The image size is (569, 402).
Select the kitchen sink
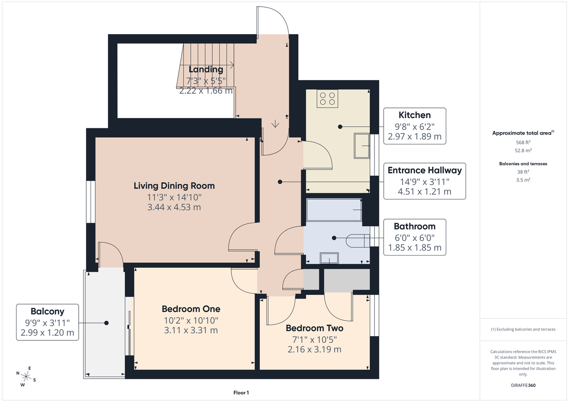pyautogui.click(x=364, y=146)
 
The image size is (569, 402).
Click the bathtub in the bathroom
pyautogui.click(x=334, y=210)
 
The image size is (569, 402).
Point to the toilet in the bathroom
pyautogui.click(x=358, y=241)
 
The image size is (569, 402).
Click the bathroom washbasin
pyautogui.click(x=329, y=258)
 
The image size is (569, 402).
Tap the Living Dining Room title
pyautogui.click(x=174, y=186)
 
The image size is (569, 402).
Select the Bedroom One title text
pyautogui.click(x=190, y=309)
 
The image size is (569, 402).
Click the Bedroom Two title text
pyautogui.click(x=314, y=328)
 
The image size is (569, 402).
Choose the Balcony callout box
pyautogui.click(x=47, y=322)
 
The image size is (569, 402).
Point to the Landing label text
pyautogui.click(x=206, y=70)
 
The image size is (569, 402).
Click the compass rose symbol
pyautogui.click(x=27, y=376)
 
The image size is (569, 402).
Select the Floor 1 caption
pyautogui.click(x=241, y=393)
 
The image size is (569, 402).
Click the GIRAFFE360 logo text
pyautogui.click(x=523, y=385)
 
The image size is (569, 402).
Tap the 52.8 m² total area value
pyautogui.click(x=523, y=150)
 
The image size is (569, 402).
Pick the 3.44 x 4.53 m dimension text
pyautogui.click(x=174, y=207)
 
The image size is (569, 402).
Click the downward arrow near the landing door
pyautogui.click(x=275, y=124)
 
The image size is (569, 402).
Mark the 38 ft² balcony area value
pyautogui.click(x=523, y=172)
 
